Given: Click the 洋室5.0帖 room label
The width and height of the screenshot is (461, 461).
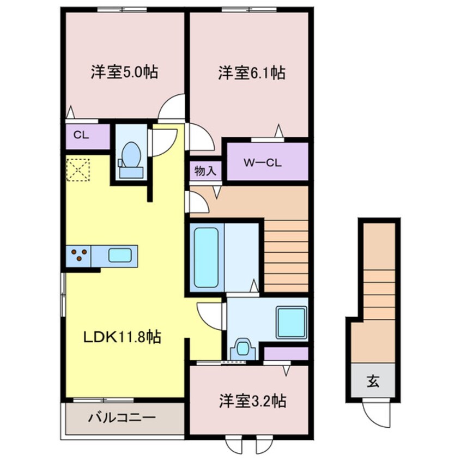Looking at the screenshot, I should click(124, 72).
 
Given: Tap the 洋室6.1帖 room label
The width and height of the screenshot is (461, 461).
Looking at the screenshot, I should click(252, 72).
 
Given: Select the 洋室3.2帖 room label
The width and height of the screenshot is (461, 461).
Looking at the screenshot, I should click(252, 402).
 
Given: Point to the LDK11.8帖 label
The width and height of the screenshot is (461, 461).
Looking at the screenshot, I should click(122, 338).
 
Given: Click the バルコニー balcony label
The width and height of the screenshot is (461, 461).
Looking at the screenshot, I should click(122, 418).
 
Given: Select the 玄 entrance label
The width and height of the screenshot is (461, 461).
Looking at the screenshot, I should click(373, 382).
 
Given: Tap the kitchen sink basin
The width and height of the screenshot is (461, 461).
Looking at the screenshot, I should click(119, 255).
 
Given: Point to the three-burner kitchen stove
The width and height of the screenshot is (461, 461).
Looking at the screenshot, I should click(80, 255).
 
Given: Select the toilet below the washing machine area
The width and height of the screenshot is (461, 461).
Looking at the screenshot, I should click(243, 349).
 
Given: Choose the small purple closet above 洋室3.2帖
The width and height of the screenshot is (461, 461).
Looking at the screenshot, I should click(286, 354).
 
